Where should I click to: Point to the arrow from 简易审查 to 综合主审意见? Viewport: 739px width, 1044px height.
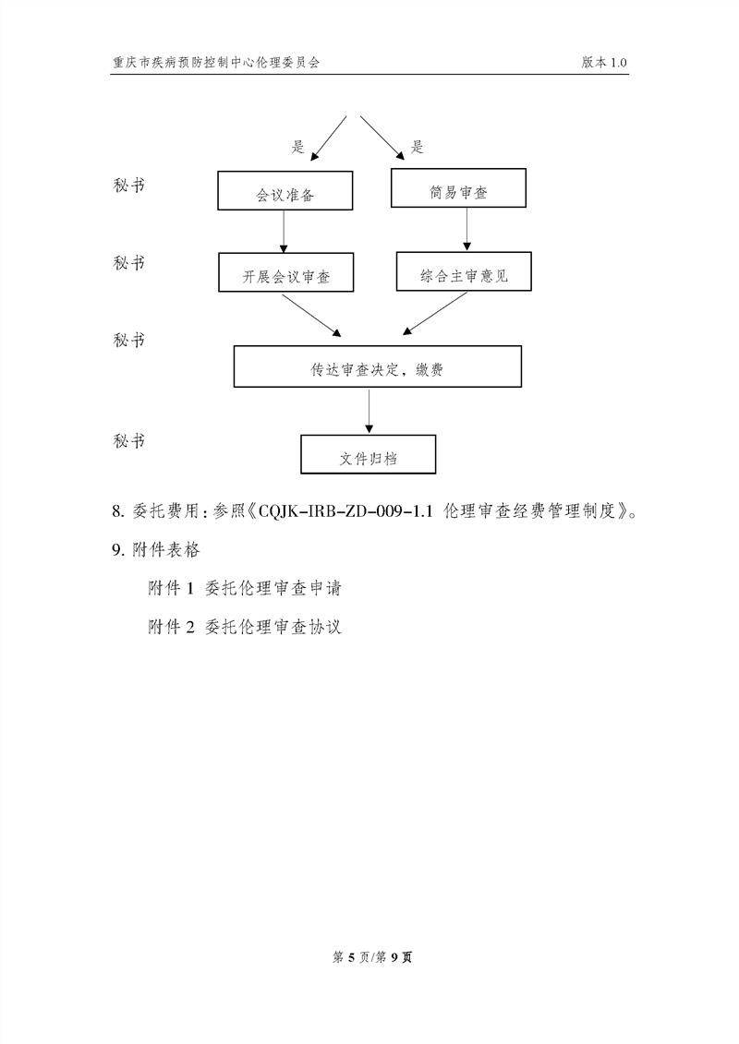click(466, 229)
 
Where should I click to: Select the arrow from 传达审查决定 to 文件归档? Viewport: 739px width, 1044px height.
click(369, 411)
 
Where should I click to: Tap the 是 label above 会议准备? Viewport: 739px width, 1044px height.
click(297, 147)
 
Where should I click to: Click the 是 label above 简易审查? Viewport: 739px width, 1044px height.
click(418, 147)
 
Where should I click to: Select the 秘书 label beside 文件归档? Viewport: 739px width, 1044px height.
click(129, 441)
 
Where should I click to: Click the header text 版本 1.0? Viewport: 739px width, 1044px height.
click(604, 62)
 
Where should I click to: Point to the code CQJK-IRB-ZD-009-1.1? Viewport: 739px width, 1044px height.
click(345, 511)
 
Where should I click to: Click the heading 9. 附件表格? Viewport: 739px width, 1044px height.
click(156, 550)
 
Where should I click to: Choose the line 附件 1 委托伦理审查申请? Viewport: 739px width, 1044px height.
click(245, 589)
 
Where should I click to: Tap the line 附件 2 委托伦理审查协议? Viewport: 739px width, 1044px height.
click(245, 627)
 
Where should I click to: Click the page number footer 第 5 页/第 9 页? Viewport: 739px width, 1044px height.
click(372, 957)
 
